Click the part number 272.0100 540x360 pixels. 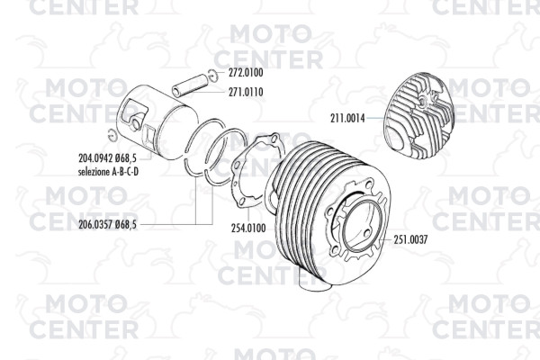point(246,73)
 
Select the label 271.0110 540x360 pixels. point(246,92)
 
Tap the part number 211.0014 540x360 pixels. point(347,118)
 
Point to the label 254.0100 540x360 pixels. point(248,228)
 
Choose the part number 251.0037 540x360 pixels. point(410,239)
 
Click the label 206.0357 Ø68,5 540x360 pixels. point(107,225)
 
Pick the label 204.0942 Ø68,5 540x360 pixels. point(107,158)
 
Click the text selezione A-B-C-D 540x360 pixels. point(108,172)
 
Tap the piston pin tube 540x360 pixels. point(191,85)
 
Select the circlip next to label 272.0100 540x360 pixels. point(212,75)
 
